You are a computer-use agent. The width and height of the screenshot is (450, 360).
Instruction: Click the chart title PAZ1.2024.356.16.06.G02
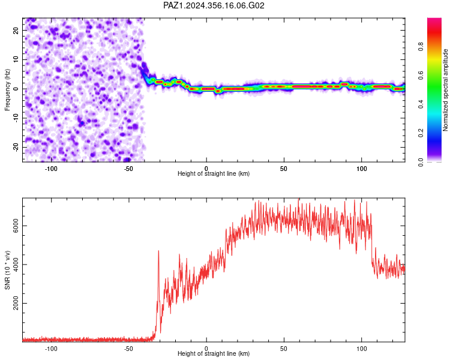pyautogui.click(x=214, y=5)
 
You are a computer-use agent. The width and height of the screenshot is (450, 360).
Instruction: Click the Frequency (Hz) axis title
pyautogui.click(x=7, y=90)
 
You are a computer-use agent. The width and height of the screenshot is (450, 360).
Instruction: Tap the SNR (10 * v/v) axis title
pyautogui.click(x=7, y=270)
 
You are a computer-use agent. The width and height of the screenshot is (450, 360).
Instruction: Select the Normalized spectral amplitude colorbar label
pyautogui.click(x=445, y=90)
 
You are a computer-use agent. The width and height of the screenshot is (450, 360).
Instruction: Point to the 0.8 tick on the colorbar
pyautogui.click(x=421, y=46)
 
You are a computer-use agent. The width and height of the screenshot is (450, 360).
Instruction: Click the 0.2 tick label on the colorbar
pyautogui.click(x=421, y=133)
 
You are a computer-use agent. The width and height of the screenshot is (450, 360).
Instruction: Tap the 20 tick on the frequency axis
pyautogui.click(x=16, y=31)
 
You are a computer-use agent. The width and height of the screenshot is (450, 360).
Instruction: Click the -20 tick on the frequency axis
pyautogui.click(x=16, y=147)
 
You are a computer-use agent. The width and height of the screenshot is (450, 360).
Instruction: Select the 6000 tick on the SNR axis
pyautogui.click(x=16, y=226)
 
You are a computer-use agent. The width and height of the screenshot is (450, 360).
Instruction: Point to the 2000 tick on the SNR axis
pyautogui.click(x=16, y=303)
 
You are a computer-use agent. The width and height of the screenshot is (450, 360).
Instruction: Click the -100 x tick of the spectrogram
pyautogui.click(x=51, y=169)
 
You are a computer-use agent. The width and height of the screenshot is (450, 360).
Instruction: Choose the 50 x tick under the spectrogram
pyautogui.click(x=284, y=169)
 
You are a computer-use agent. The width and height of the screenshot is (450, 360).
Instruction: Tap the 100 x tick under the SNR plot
pyautogui.click(x=361, y=349)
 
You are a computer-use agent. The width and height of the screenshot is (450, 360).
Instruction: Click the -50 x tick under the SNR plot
pyautogui.click(x=128, y=349)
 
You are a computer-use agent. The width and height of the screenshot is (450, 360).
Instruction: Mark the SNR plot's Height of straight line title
pyautogui.click(x=214, y=353)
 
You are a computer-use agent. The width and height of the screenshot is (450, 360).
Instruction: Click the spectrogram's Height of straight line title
pyautogui.click(x=214, y=173)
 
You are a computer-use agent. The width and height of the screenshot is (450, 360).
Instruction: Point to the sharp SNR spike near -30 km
pyautogui.click(x=158, y=251)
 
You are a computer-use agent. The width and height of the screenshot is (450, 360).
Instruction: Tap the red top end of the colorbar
pyautogui.click(x=434, y=20)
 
